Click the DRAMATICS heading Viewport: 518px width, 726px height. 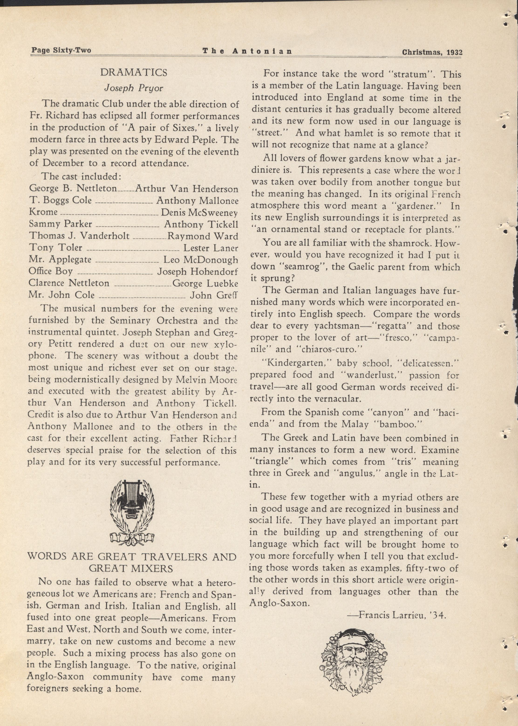tap(134, 73)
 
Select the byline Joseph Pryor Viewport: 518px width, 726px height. tap(134, 88)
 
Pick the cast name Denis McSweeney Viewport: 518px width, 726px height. tap(199, 212)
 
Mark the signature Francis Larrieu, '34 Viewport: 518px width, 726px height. tap(396, 615)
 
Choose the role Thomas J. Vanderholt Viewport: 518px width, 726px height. tap(79, 236)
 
